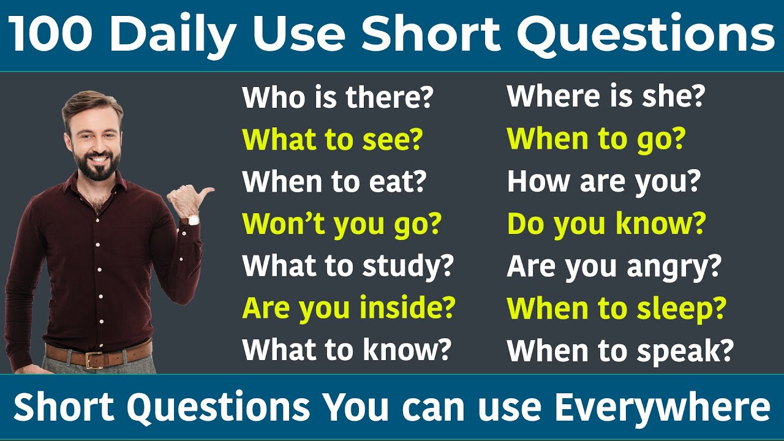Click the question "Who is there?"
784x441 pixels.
337,98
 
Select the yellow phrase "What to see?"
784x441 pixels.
332,140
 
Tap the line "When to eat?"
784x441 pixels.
334,182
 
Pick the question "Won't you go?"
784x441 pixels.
341,224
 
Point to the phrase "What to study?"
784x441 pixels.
347,266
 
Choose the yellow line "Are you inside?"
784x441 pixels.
349,308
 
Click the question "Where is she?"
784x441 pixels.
606,97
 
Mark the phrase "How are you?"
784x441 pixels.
603,182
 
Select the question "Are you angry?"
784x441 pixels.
614,266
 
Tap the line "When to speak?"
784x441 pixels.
620,350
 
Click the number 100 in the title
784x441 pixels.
51,35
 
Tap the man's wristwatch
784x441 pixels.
193,219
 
